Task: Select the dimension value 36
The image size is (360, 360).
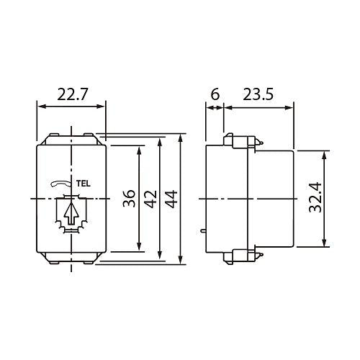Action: (129, 199)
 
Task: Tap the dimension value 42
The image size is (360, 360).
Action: (150, 199)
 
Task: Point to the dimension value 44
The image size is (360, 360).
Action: (171, 199)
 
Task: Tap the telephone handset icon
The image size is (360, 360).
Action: (61, 184)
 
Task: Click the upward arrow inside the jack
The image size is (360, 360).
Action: (70, 214)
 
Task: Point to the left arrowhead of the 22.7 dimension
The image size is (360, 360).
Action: (39, 107)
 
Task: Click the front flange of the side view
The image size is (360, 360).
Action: (215, 198)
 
